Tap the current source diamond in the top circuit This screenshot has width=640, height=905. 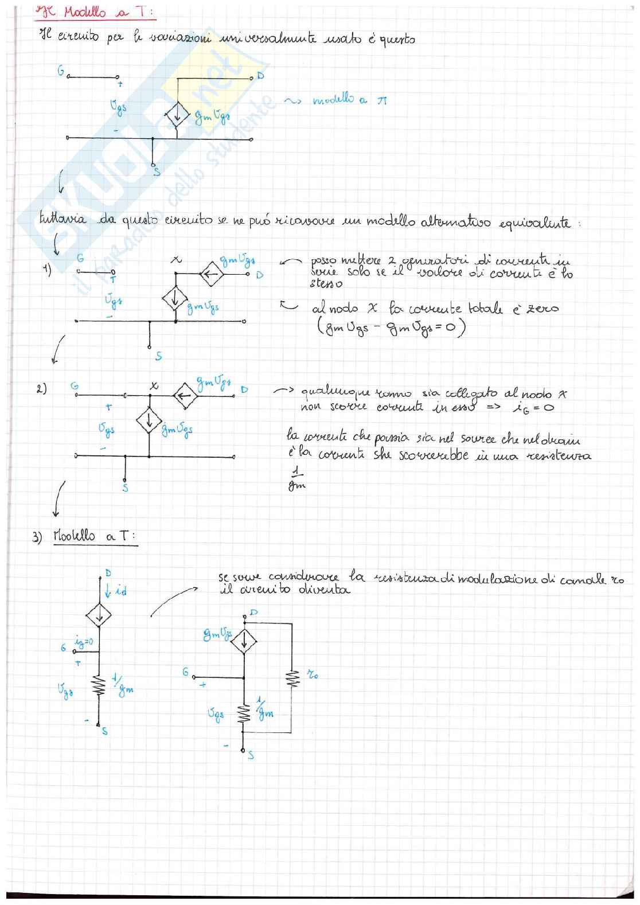tap(177, 116)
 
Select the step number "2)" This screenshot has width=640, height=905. tap(41, 389)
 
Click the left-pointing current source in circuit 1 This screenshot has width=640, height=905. tap(211, 275)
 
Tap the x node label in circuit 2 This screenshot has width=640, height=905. tap(154, 387)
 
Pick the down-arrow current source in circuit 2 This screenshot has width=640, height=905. tap(149, 421)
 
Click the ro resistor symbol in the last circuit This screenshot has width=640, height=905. tap(292, 678)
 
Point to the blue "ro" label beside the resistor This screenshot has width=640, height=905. tap(313, 674)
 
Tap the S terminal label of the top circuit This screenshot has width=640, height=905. tap(156, 171)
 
